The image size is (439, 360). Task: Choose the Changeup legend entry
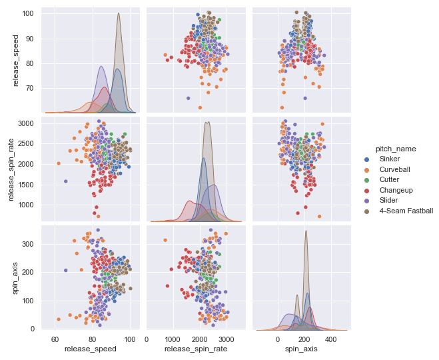398,190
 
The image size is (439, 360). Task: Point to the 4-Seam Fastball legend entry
406,211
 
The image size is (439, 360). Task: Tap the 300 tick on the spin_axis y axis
31,244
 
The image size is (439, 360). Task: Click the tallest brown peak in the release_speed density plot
119,13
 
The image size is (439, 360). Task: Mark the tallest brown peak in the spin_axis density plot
306,231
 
